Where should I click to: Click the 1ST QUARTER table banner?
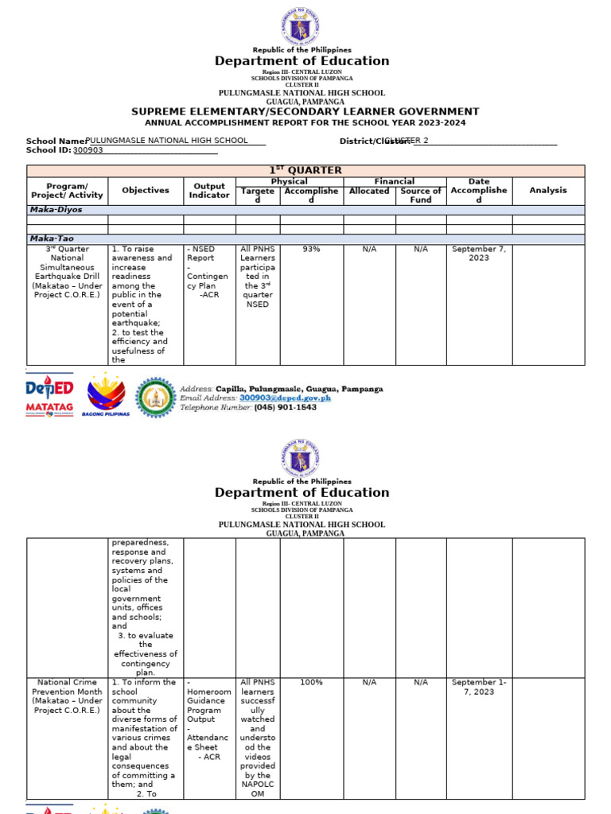305,170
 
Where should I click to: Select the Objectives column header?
146,190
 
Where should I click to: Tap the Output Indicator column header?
209,190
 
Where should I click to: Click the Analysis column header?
548,190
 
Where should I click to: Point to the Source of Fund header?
421,195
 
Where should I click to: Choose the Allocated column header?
369,191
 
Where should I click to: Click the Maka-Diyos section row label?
56,210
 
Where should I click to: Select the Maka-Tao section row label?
53,238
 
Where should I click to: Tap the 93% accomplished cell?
311,249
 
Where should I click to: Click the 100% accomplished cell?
311,682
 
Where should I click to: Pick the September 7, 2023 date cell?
478,254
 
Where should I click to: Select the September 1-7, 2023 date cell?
478,687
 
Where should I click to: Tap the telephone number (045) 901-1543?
285,407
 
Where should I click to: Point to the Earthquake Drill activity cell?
67,272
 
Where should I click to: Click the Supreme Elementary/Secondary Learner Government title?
305,112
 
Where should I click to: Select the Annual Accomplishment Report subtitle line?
305,123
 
